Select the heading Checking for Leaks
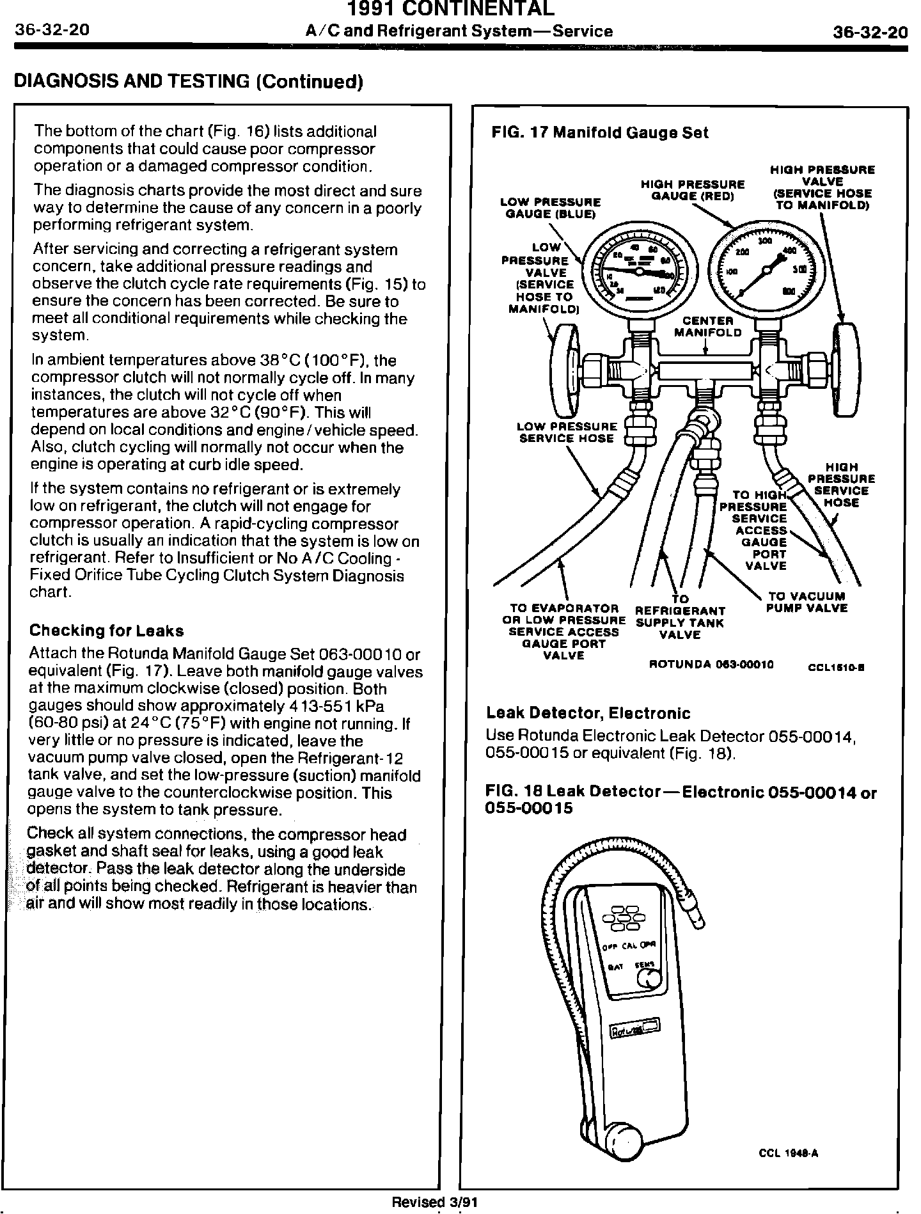(x=107, y=631)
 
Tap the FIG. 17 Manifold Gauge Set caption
(x=600, y=133)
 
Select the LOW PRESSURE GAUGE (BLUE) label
(x=550, y=209)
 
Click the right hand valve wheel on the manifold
(x=844, y=367)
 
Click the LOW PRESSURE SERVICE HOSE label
(x=567, y=432)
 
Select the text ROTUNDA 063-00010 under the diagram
(x=711, y=664)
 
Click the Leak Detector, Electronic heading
(x=588, y=713)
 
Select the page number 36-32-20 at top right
(x=870, y=32)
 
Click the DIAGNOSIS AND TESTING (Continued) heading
(x=189, y=82)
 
